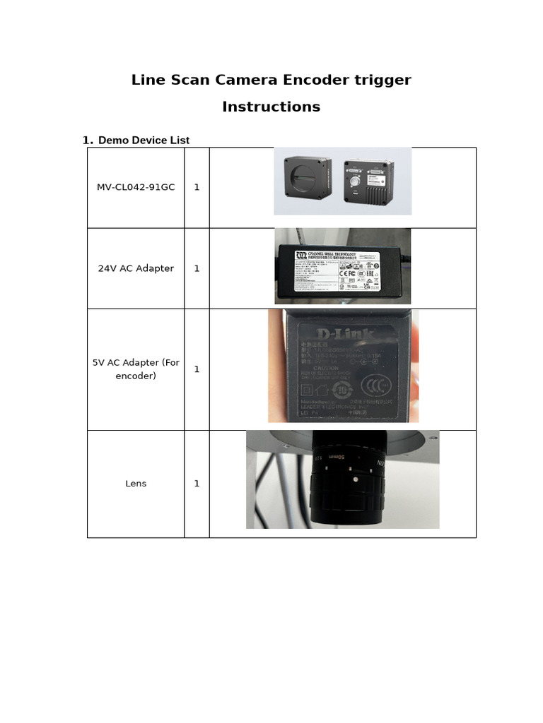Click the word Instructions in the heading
pos(271,107)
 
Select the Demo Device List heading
pos(144,141)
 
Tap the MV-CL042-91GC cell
pos(136,187)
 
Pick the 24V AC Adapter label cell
pos(136,268)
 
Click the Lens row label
pos(136,484)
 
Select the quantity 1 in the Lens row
pos(197,484)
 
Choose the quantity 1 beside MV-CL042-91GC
pos(197,187)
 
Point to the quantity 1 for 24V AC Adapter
pos(197,268)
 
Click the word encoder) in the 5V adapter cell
pos(136,376)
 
